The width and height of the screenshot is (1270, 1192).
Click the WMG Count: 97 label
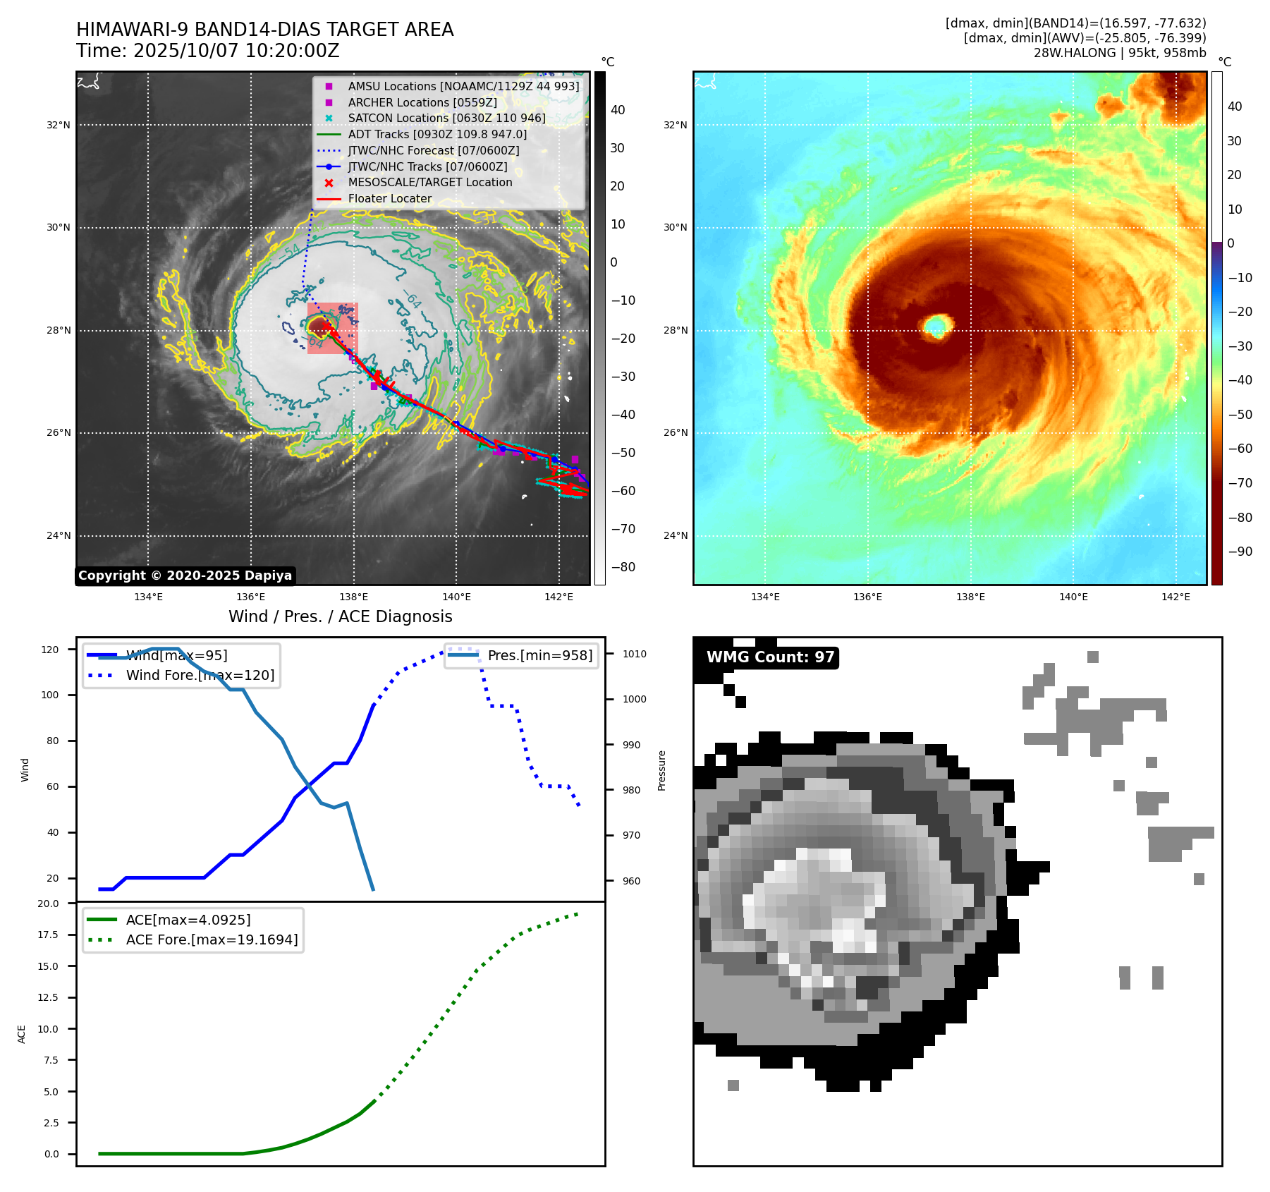coord(770,657)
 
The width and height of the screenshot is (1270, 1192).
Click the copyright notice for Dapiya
coord(185,576)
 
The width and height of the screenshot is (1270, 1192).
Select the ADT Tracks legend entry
coord(437,134)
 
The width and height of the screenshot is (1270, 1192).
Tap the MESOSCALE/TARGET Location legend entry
coord(429,182)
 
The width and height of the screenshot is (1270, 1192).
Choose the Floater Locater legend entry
coord(389,198)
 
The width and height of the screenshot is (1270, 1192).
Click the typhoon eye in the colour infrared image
coord(936,325)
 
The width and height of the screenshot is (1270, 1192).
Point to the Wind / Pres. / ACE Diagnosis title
coord(340,616)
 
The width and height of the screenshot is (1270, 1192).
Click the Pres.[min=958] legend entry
coord(539,655)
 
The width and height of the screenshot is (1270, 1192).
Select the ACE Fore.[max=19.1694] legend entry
coord(212,939)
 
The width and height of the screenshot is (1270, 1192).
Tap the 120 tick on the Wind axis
coord(50,650)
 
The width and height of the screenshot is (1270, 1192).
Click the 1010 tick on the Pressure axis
coord(634,654)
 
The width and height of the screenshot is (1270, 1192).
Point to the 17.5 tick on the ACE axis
coord(48,935)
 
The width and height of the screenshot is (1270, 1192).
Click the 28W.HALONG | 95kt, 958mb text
coord(1120,53)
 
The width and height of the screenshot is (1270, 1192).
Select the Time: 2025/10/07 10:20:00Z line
coord(208,51)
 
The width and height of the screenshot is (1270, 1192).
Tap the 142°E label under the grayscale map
coord(558,597)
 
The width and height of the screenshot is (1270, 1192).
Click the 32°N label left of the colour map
coord(675,125)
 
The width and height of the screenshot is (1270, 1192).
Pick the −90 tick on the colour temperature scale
coord(1240,552)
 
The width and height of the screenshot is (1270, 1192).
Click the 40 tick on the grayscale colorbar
coord(618,109)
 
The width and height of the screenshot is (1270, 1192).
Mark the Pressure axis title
coord(661,770)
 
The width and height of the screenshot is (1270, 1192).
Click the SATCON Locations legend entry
coord(446,118)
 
